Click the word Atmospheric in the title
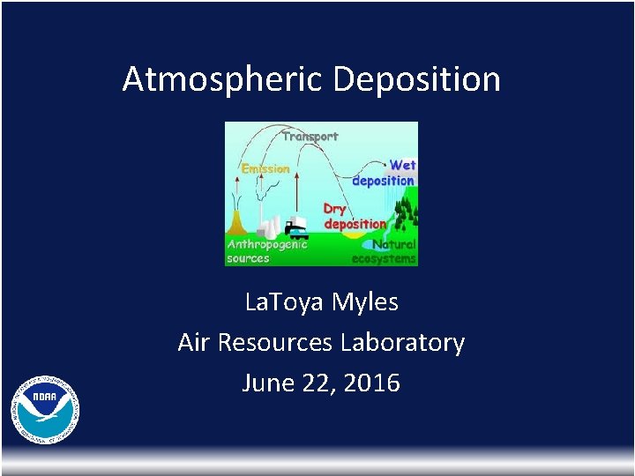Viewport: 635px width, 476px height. coord(224,79)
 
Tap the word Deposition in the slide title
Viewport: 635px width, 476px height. coord(417,79)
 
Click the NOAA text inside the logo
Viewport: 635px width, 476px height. coord(45,398)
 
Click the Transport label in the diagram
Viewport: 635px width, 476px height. coord(310,137)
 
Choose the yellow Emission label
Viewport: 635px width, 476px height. coord(265,168)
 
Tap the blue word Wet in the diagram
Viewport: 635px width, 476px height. coord(402,165)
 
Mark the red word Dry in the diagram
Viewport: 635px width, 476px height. coord(334,209)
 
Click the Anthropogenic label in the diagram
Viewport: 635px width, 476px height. coord(267,244)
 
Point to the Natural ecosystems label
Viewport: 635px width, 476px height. coord(385,251)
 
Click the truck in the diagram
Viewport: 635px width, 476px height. coord(296,229)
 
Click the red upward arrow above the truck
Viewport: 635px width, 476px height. coord(297,190)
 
